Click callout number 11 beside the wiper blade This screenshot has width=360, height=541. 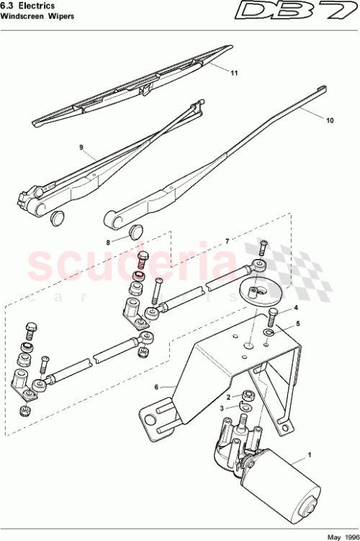click(x=234, y=73)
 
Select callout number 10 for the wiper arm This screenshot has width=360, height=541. click(x=330, y=121)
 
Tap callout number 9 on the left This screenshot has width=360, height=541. click(x=81, y=147)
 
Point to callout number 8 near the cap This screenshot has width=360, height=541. click(x=109, y=242)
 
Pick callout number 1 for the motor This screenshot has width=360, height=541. click(x=310, y=455)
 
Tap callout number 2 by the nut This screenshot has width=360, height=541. click(x=228, y=396)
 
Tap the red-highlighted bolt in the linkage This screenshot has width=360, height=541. click(x=142, y=259)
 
